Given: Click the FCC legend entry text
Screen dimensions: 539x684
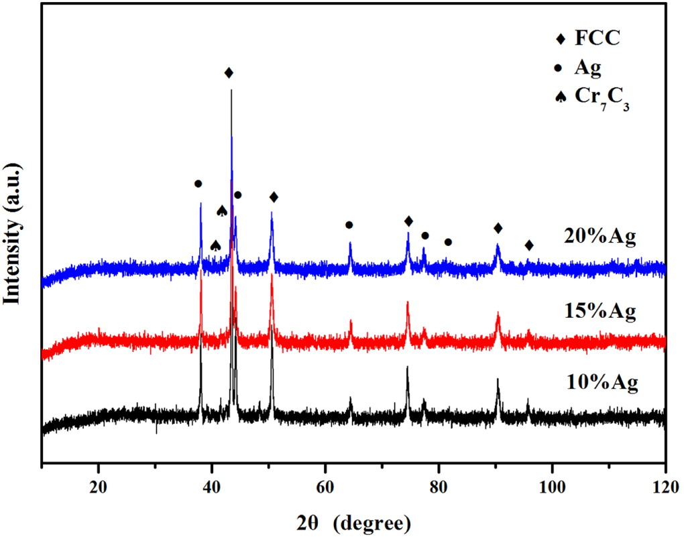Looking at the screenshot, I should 597,38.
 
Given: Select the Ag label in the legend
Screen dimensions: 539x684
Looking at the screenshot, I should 588,67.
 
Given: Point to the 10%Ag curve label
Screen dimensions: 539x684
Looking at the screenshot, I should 600,383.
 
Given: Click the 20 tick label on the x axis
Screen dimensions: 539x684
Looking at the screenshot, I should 99,485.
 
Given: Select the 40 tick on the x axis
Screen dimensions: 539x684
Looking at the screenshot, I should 212,485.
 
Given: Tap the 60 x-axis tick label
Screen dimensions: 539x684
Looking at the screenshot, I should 325,485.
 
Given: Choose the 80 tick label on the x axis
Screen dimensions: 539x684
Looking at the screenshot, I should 439,485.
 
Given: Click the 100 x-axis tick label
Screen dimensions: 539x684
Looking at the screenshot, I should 552,485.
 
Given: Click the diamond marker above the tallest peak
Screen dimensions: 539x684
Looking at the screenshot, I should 229,72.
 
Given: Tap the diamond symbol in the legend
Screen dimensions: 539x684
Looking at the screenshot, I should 560,38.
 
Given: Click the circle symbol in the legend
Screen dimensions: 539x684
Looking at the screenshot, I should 560,67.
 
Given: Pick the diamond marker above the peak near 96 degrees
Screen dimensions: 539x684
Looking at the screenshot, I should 529,245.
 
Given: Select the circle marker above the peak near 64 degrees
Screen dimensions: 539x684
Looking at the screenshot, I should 349,225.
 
